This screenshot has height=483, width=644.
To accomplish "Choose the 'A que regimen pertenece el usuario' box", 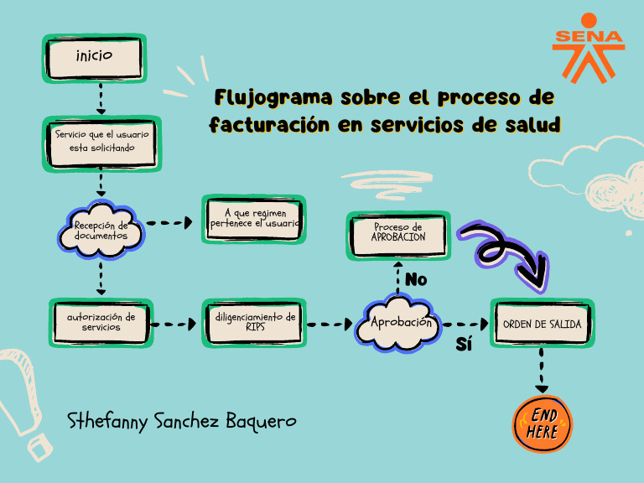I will [x=253, y=220].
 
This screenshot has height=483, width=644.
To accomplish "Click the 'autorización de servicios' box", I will [x=101, y=323].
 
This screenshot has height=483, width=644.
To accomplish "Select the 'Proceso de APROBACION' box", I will [x=398, y=232].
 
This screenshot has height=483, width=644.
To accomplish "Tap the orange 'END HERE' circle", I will [x=543, y=423].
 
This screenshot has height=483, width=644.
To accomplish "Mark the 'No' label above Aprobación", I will [x=416, y=279].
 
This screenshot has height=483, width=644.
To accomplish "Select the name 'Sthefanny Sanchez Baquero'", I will [x=182, y=421].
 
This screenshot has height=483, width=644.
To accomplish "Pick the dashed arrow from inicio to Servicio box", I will [x=101, y=99].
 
